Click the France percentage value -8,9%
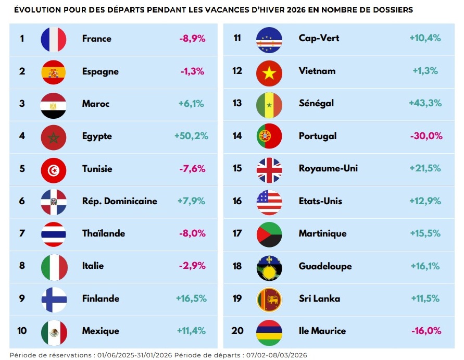192,39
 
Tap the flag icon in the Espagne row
54,72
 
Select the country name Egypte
97,136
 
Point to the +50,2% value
191,136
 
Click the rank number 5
22,169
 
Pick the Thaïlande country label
104,233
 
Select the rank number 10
22,331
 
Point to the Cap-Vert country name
317,38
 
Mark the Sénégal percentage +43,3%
425,103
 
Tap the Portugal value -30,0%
425,136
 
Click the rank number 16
237,201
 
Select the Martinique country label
322,233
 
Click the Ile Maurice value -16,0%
426,331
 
